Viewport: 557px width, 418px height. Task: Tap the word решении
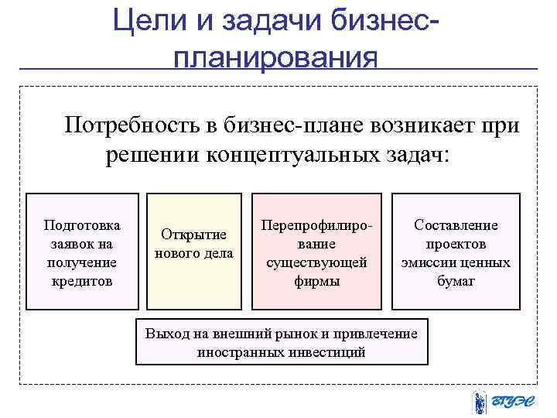[x=151, y=155]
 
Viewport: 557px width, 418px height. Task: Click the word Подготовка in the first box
[x=82, y=225]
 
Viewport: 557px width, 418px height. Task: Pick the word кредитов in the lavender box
[x=82, y=280]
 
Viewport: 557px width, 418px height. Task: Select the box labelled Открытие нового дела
[x=194, y=251]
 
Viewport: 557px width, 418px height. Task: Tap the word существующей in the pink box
[x=316, y=262]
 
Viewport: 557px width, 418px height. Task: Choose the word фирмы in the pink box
[x=316, y=281]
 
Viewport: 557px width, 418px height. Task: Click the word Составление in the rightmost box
[x=456, y=225]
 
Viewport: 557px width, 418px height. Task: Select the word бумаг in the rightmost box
[x=456, y=281]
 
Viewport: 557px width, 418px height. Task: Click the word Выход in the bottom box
[x=165, y=334]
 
